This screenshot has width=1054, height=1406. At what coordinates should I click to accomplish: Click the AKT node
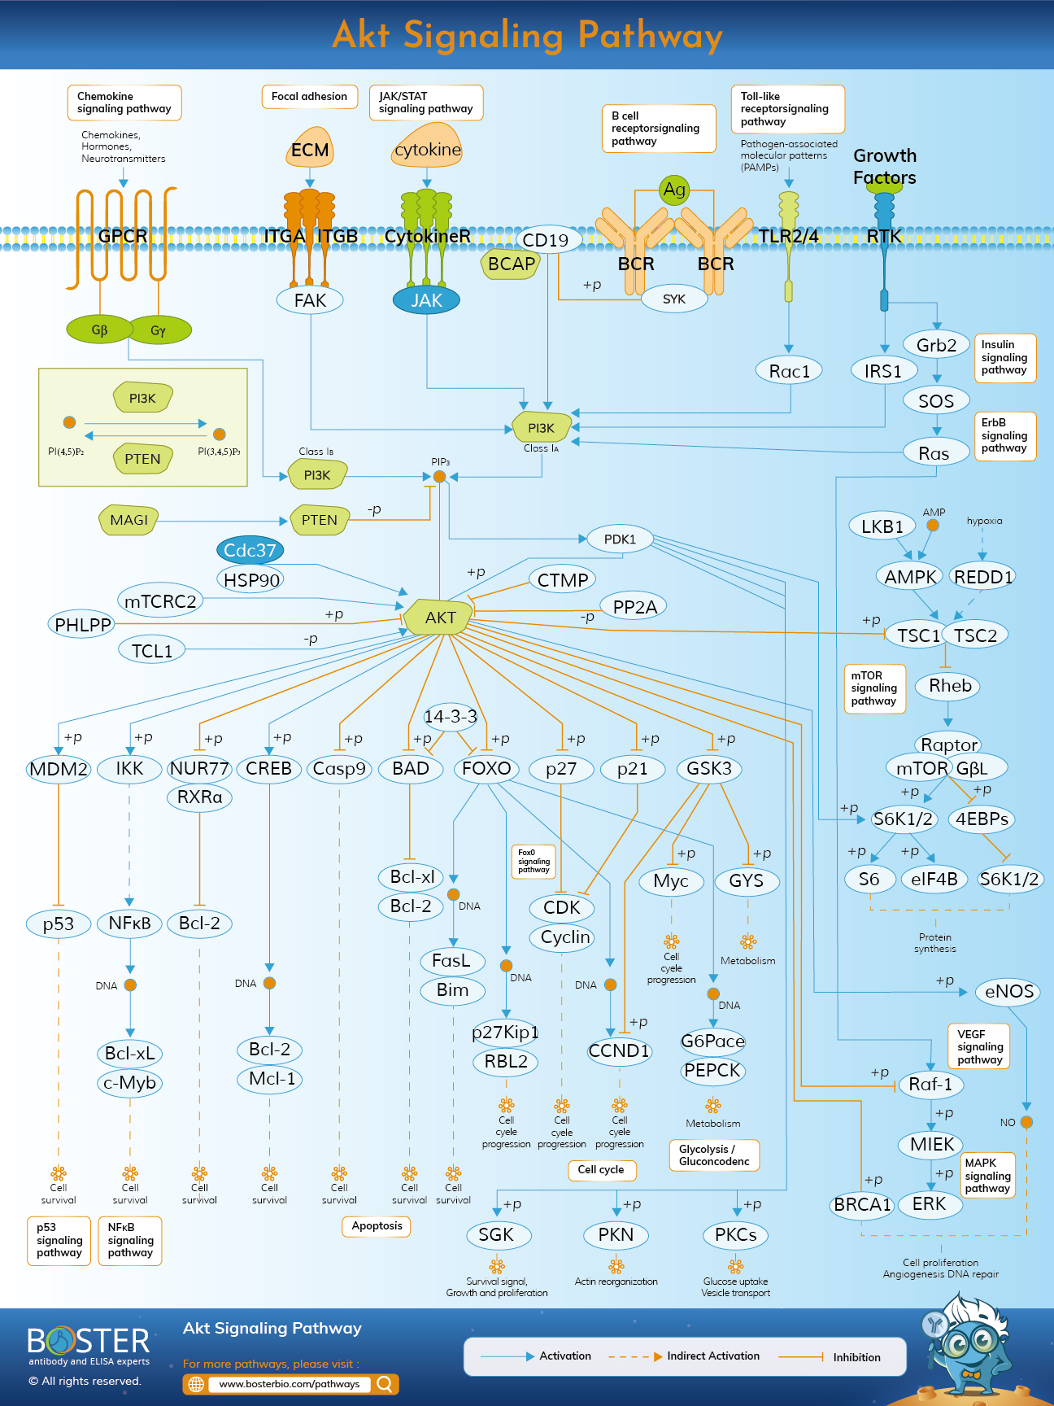(x=439, y=617)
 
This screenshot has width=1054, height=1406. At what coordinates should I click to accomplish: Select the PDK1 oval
(x=620, y=539)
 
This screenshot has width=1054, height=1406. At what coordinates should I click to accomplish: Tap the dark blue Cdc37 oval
(x=250, y=550)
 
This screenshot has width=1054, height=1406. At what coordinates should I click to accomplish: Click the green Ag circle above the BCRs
(x=674, y=190)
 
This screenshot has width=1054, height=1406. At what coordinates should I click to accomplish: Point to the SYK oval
(x=673, y=299)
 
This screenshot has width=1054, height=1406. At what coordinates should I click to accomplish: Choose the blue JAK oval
(x=426, y=300)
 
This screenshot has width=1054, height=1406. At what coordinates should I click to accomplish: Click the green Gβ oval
(x=99, y=330)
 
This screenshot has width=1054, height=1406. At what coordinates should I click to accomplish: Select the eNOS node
(x=1008, y=991)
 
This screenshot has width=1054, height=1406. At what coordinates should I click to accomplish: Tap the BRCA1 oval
(x=862, y=1204)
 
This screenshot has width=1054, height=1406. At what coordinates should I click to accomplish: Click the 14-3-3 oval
(x=450, y=716)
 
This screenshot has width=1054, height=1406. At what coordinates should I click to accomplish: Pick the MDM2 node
(x=59, y=768)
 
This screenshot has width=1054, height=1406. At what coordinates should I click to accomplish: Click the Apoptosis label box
(x=377, y=1225)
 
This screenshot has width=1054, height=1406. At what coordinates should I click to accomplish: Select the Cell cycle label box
(x=601, y=1169)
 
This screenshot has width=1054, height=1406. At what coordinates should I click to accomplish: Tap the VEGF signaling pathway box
(x=979, y=1046)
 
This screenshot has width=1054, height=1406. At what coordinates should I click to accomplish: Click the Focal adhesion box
(x=309, y=96)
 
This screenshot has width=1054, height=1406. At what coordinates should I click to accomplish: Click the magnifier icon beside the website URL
(x=385, y=1383)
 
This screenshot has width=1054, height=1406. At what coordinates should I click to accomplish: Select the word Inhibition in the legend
(x=856, y=1357)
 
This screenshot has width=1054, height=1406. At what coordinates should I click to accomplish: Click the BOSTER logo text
(x=89, y=1341)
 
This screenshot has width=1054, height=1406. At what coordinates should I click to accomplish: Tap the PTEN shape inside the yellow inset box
(x=142, y=458)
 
